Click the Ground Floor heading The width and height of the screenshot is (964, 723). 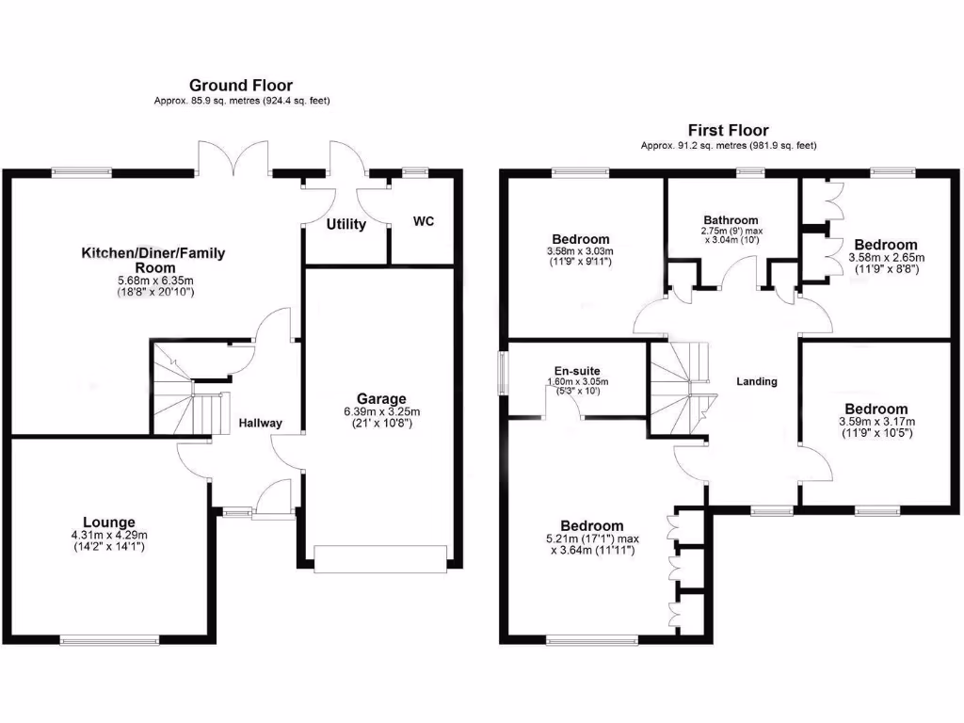tap(241, 86)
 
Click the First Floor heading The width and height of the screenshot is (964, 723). tap(728, 131)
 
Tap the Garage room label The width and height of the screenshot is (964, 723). tap(381, 398)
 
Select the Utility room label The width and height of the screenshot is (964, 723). tap(345, 225)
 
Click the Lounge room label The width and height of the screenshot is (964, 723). tap(108, 522)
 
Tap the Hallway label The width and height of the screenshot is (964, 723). tap(260, 424)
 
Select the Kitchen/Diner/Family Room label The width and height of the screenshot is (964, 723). tap(153, 260)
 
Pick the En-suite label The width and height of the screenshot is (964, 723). tap(578, 371)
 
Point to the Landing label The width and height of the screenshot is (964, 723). tap(757, 381)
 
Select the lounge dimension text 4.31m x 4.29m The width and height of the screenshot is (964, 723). tap(108, 535)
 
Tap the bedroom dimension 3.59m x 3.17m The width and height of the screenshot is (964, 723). tap(876, 422)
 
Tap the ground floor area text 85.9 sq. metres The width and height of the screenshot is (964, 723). tap(242, 101)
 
